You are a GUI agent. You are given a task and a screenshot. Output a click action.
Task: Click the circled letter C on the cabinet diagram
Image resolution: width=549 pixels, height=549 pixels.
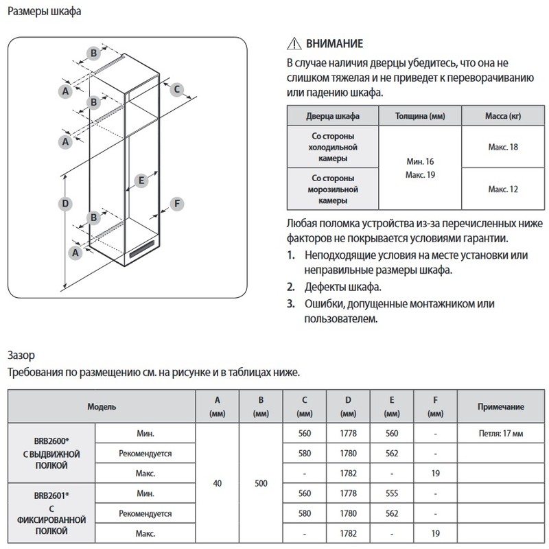pyautogui.click(x=176, y=89)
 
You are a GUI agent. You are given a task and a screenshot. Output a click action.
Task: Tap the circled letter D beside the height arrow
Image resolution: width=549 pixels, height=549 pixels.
pyautogui.click(x=64, y=203)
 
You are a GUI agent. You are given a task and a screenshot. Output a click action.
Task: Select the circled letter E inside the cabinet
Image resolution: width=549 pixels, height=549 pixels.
pyautogui.click(x=140, y=181)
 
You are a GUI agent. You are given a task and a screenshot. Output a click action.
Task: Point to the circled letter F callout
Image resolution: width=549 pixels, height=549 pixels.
pyautogui.click(x=177, y=204)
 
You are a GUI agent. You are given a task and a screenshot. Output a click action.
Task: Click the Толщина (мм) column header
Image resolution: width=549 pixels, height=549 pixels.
pyautogui.click(x=420, y=115)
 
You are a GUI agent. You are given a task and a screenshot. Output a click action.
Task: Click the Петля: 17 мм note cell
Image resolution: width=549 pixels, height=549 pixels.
pyautogui.click(x=502, y=434)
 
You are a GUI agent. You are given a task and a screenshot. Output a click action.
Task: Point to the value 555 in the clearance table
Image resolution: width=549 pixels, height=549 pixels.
pyautogui.click(x=392, y=493)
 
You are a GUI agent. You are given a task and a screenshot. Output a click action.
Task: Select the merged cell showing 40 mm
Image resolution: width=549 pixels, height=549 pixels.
pyautogui.click(x=218, y=483)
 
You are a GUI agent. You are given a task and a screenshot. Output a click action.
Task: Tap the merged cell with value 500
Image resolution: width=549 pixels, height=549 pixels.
pyautogui.click(x=260, y=483)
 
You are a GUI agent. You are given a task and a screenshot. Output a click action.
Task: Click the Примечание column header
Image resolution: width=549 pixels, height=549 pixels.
pyautogui.click(x=502, y=406)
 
